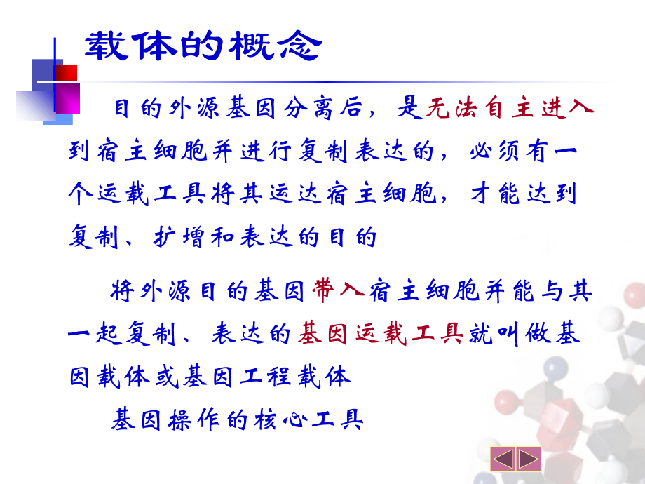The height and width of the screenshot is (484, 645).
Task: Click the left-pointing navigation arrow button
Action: [x=502, y=459]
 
